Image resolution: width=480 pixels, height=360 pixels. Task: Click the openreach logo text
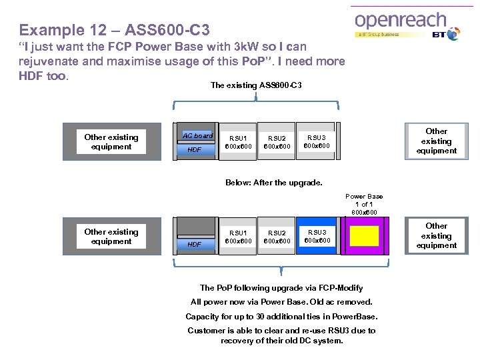coord(400,20)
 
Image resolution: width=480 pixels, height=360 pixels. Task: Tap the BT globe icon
coord(453,33)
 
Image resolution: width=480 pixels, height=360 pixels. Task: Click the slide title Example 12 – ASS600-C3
coord(114,30)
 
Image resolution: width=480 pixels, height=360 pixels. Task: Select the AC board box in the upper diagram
coord(198,135)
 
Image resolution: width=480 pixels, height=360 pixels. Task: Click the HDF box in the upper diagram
coord(195,150)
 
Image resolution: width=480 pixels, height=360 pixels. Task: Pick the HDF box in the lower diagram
coord(195,245)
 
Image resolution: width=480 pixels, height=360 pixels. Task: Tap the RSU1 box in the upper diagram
coord(239,142)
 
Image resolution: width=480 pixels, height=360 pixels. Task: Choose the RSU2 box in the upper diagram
coord(277,142)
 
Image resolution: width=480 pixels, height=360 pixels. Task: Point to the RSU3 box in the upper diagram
coord(317,141)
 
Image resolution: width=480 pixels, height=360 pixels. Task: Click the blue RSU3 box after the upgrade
coord(317,236)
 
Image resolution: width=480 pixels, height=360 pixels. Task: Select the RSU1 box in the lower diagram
coord(239,237)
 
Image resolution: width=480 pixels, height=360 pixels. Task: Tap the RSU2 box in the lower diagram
coord(277,237)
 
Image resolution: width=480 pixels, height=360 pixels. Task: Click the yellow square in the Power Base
coord(364,236)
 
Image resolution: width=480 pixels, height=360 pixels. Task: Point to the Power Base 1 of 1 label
coord(364,204)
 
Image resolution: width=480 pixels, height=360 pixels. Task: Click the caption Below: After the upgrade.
coord(273,182)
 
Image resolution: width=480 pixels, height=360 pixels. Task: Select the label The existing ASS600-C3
coord(256,85)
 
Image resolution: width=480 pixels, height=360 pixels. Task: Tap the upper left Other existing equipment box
coord(111,142)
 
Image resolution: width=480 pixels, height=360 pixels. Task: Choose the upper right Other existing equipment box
coord(437,141)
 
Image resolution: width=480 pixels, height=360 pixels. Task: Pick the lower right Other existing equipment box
coord(437,235)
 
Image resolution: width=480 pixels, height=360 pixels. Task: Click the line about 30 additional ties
coord(281,316)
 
